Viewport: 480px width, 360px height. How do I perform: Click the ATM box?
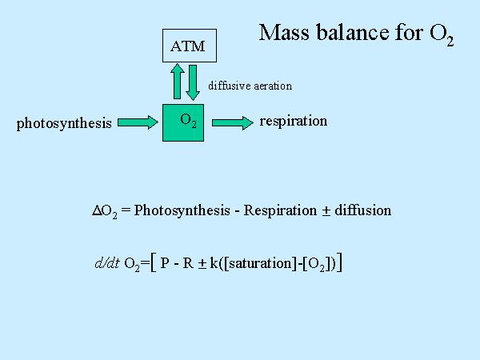point(188,46)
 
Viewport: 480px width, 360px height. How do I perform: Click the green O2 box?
point(189,122)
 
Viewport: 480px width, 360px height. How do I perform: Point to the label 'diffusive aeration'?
point(250,86)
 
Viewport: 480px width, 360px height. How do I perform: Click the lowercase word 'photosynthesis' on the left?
point(64,123)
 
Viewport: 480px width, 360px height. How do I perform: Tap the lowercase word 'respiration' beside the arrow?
point(294,121)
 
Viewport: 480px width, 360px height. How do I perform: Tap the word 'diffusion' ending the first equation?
point(363,210)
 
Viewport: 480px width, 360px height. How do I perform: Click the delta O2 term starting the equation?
point(106,211)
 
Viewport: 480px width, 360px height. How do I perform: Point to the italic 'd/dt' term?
point(107,263)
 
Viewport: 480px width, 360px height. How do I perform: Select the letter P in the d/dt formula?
point(165,263)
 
